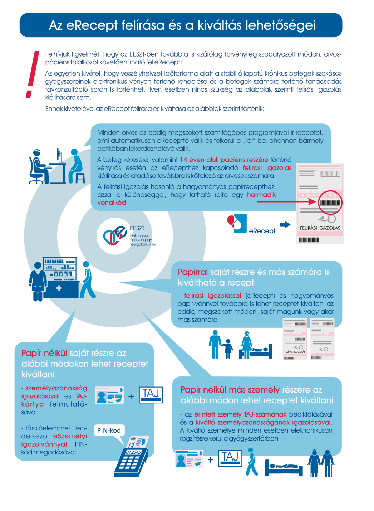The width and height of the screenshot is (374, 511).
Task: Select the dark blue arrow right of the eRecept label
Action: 285,225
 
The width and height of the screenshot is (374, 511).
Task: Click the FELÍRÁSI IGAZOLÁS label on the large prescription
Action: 320,228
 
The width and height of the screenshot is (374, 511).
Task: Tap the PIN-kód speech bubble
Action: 109,430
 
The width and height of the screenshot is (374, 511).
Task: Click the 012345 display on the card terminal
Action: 133,452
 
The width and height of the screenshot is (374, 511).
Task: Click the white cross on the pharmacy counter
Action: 59,288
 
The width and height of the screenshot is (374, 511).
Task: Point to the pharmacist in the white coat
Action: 38,281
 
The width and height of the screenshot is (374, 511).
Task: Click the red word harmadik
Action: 261,195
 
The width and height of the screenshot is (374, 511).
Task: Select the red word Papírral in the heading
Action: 193,272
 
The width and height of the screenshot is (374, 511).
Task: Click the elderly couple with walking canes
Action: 321,463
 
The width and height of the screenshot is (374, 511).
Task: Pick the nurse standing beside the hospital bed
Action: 246,344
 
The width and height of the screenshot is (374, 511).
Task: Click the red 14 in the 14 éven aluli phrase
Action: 183,160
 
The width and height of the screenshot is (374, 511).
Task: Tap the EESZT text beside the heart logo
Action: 137,228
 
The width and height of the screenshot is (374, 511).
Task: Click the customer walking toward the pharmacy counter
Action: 87,280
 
